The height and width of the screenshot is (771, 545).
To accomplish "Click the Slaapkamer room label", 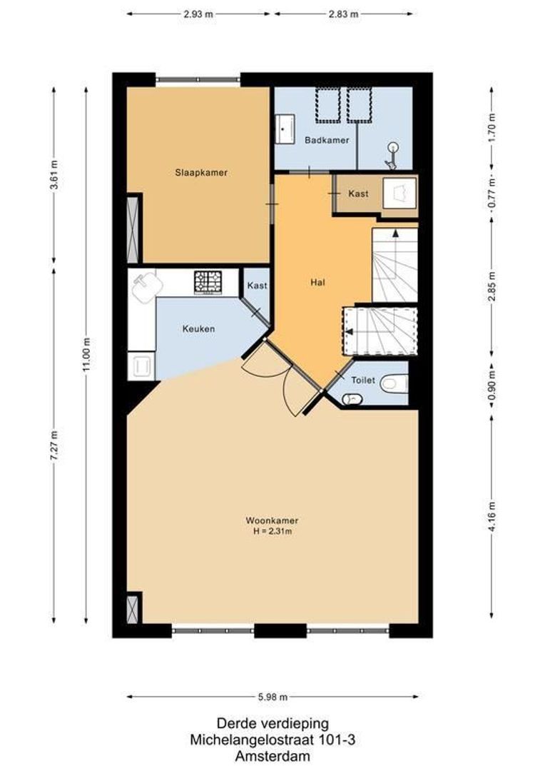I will click(201, 172).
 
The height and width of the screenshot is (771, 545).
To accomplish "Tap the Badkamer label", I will click(327, 140).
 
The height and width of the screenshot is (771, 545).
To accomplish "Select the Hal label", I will click(317, 282).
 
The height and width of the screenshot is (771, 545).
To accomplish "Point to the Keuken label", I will click(198, 329).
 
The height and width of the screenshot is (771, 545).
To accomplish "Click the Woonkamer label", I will click(272, 520).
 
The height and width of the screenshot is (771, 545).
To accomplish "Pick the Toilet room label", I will click(362, 381).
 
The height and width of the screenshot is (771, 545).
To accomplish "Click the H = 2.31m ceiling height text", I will click(272, 531).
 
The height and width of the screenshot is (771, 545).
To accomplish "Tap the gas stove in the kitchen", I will click(208, 281).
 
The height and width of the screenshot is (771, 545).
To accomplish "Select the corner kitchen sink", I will click(147, 287).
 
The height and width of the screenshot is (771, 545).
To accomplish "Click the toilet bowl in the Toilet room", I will click(393, 383).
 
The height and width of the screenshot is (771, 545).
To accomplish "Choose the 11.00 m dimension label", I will click(86, 355).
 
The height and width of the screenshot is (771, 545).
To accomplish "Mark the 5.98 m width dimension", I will click(272, 697).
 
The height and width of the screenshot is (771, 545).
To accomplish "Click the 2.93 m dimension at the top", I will click(199, 14).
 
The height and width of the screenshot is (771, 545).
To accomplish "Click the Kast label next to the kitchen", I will click(257, 286).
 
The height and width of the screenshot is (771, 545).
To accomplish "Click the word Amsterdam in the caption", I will click(272, 756).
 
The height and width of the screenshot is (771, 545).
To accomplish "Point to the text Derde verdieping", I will click(272, 724).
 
